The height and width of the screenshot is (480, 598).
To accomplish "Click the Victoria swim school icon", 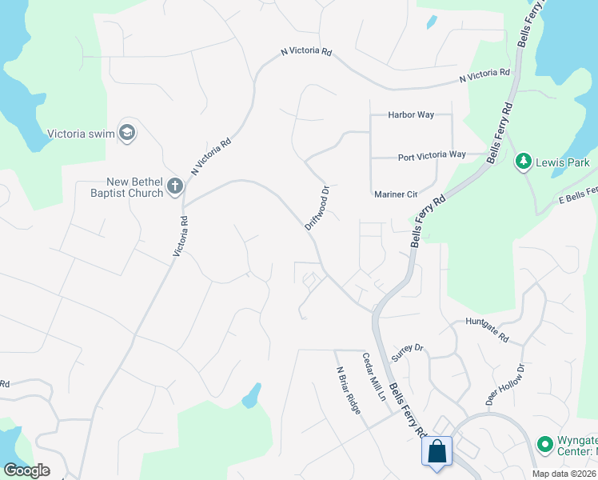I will click(126, 133).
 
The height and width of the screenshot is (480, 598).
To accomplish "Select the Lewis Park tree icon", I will click(524, 162).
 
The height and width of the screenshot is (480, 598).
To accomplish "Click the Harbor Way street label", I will click(411, 115).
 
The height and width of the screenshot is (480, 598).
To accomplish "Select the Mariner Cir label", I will click(396, 194).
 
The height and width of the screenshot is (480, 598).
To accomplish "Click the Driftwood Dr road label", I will click(317, 208).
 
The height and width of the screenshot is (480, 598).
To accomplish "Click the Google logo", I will click(26, 470).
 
